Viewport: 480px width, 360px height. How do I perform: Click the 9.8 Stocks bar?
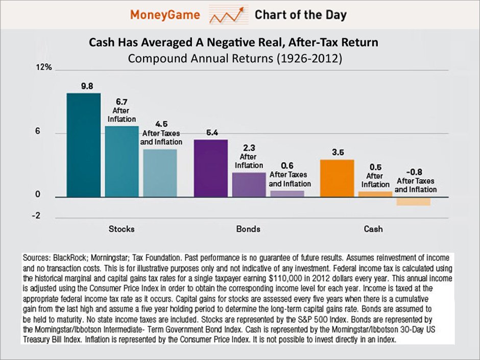pos(83,146)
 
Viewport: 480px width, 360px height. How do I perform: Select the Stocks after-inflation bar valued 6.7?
pos(122,162)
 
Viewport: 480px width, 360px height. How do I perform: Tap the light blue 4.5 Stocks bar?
pos(160,173)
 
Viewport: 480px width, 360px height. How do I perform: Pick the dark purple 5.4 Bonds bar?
pos(211,169)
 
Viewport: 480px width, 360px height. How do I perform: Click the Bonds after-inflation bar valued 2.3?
pos(249,185)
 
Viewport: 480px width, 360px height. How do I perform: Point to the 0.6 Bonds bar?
pos(287,194)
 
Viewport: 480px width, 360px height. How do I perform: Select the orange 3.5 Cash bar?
pos(337,178)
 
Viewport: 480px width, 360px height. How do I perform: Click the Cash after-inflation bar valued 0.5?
pos(375,194)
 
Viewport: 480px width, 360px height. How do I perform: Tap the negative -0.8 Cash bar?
pos(413,201)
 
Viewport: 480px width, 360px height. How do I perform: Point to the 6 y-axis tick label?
pos(37,132)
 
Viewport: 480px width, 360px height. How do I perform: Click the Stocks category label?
pos(122,229)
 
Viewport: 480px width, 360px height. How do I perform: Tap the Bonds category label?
pos(248,229)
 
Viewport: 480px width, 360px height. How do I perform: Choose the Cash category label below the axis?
pos(373,229)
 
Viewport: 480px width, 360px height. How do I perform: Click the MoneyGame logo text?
pos(164,15)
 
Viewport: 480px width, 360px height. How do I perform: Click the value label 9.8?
pos(87,86)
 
